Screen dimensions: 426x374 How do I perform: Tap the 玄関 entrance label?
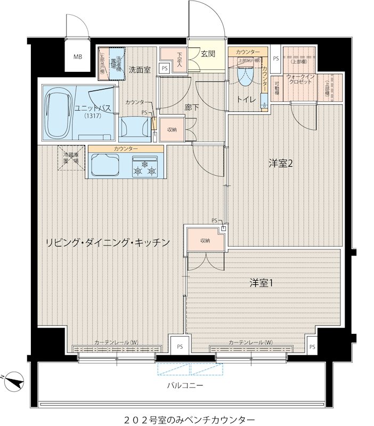coord(208,53)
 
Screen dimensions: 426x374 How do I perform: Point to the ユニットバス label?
coord(93,108)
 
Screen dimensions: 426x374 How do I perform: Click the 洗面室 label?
coord(139,70)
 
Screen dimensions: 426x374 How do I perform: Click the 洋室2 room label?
coord(280,163)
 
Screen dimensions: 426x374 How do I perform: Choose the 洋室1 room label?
coord(261,283)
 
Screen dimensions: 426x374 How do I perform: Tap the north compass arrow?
coord(16,381)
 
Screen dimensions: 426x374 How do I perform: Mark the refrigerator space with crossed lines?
coord(71,158)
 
